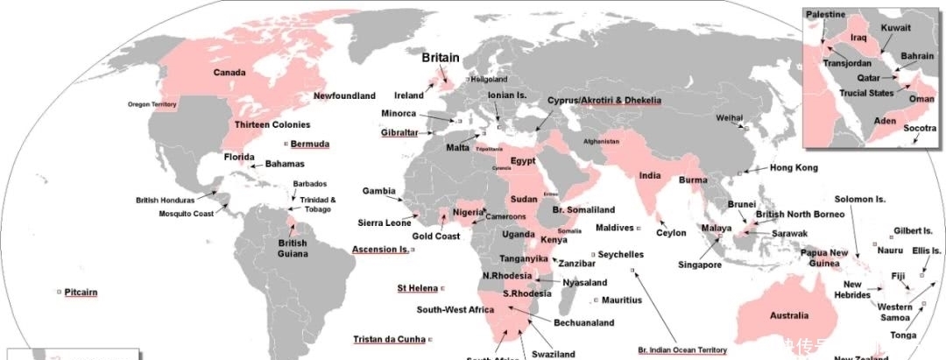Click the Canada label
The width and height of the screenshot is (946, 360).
[229, 73]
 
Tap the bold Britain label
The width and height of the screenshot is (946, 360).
[440, 58]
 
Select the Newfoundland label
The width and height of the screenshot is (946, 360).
[344, 95]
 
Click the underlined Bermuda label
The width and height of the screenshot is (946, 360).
[310, 143]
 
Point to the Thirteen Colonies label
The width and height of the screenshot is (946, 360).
[272, 125]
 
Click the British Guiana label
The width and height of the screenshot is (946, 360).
[293, 248]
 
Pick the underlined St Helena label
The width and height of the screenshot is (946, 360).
[417, 287]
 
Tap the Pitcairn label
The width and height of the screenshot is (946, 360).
[81, 292]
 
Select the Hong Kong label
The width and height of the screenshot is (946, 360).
[794, 167]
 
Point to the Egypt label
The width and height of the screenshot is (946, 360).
[523, 161]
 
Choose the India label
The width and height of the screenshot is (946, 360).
[650, 175]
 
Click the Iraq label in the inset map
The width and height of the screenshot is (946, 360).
[859, 39]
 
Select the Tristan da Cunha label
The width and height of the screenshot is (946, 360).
[389, 339]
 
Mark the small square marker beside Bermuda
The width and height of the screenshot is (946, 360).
[286, 143]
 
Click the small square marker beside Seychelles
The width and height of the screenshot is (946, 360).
[593, 255]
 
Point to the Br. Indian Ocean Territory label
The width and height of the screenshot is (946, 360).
[682, 349]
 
